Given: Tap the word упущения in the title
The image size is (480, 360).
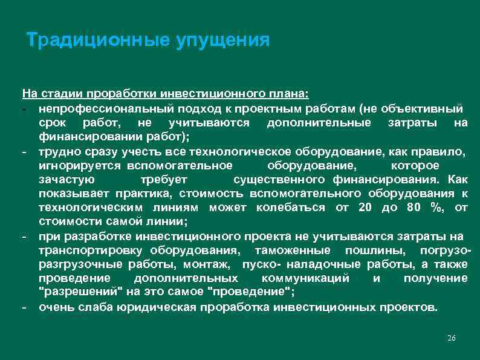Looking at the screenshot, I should [x=222, y=41].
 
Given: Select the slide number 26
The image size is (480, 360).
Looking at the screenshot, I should [x=450, y=338].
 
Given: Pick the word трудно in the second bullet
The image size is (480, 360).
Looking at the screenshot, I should [x=56, y=151].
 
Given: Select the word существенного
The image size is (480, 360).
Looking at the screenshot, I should [x=280, y=180].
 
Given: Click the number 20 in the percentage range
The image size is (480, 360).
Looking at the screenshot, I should [x=365, y=208].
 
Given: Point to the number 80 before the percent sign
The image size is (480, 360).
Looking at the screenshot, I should [x=412, y=208].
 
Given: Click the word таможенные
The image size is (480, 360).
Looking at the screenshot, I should [x=293, y=250].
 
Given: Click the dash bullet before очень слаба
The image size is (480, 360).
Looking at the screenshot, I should [x=25, y=307].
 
